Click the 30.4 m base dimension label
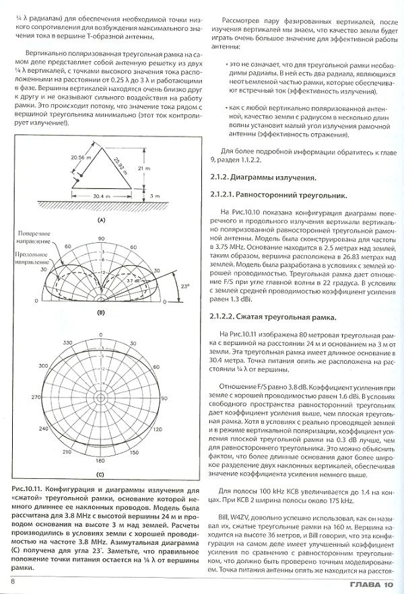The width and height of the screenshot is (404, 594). click(100, 196)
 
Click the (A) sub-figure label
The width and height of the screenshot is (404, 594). click(100, 220)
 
